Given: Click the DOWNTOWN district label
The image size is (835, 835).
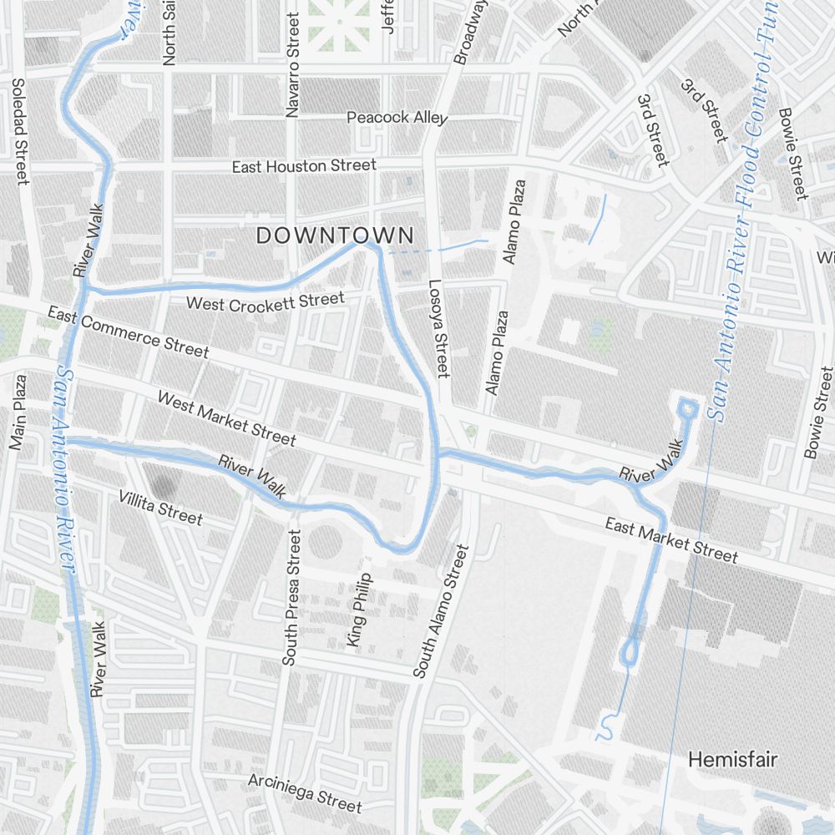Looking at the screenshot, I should click(335, 235).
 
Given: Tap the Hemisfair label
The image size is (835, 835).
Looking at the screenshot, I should click(732, 760).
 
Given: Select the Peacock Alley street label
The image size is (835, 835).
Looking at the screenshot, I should click(397, 118).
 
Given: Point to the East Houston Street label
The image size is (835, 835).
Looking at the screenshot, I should click(304, 167).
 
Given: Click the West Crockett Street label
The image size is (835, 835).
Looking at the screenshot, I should click(265, 301).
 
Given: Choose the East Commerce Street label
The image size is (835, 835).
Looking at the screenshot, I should click(128, 331).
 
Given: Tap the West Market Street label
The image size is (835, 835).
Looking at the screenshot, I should click(226, 419).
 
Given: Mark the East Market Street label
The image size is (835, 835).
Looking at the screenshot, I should click(671, 540).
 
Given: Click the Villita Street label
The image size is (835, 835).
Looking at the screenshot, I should click(160, 508).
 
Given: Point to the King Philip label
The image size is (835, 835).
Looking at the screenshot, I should click(358, 610).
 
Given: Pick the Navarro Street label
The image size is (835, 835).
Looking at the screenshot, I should click(292, 64).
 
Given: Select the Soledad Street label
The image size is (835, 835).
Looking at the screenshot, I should click(19, 131).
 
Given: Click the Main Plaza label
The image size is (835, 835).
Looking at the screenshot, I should click(18, 412).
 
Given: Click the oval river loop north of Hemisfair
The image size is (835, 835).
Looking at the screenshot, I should click(629, 652).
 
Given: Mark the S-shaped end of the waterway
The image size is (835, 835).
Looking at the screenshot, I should click(607, 727).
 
